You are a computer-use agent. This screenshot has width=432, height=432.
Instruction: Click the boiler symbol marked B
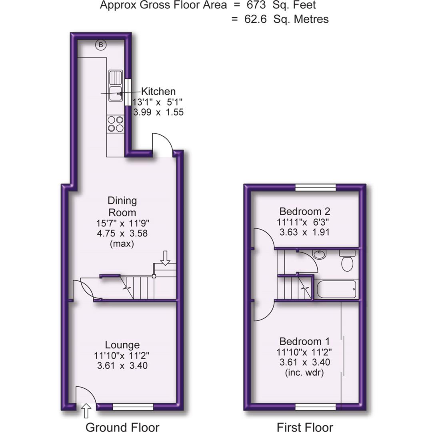[x=101, y=45]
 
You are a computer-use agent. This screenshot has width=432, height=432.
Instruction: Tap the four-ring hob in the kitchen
[x=116, y=124]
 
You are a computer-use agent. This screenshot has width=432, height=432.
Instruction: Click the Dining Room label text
[x=122, y=206]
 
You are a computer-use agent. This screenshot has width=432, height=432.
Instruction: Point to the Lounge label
[x=122, y=345]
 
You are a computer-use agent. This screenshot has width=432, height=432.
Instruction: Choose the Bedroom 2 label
[x=304, y=211]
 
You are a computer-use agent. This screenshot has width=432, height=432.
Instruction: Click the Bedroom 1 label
[x=304, y=342]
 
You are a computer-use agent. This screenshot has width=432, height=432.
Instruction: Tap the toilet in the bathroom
[x=347, y=261]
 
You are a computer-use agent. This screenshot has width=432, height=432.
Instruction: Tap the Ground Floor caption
[x=122, y=427]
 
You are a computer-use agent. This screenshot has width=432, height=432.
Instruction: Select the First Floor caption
[x=304, y=427]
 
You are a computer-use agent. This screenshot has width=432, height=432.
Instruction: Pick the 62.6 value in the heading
[x=258, y=19]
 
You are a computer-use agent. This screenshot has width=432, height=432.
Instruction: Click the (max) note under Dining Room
[x=122, y=244]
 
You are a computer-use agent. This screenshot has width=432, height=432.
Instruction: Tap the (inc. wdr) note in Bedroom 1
[x=304, y=373]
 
